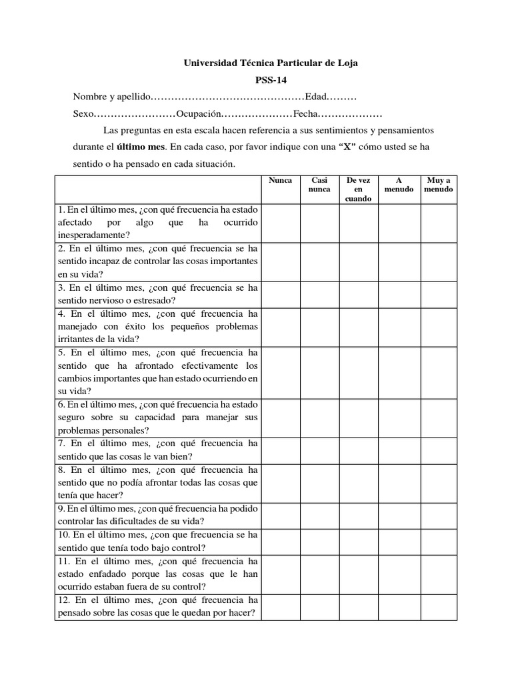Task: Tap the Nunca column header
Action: coord(280,180)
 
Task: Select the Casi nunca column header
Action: coord(319,185)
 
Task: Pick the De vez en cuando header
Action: coord(359,189)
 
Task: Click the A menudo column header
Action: coord(399,185)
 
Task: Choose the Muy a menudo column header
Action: coord(438,185)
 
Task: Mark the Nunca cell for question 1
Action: coord(280,223)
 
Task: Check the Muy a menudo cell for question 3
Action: coord(438,294)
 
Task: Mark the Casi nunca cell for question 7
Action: coord(319,450)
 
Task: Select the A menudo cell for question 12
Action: coord(399,607)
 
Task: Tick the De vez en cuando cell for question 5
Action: coord(359,372)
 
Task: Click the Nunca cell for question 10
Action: coord(280,540)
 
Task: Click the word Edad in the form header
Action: coord(317,97)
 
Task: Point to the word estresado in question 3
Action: coord(150,300)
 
